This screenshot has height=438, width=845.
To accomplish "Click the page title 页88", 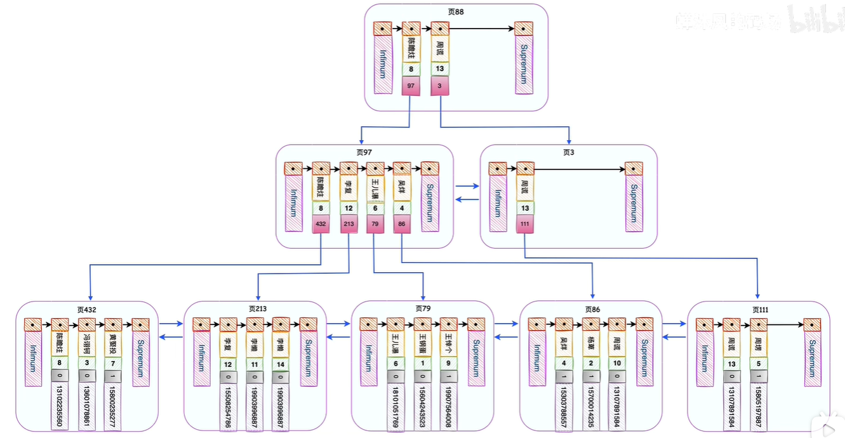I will (x=456, y=12).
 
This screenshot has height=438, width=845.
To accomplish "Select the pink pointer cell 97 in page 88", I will (x=411, y=86).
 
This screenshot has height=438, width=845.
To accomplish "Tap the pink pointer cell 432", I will (x=321, y=223).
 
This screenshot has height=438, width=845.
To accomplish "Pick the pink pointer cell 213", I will (x=348, y=223).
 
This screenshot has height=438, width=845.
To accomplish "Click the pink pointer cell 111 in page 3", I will (x=525, y=223).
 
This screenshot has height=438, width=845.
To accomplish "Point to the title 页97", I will (x=364, y=152).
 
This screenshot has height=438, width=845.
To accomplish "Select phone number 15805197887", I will (x=758, y=406).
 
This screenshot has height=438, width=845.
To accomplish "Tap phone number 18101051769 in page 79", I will (x=396, y=406).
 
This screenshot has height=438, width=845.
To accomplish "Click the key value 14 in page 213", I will (x=281, y=364).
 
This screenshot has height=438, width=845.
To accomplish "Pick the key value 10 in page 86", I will (x=616, y=364).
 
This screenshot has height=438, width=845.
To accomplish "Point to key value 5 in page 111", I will (x=758, y=364).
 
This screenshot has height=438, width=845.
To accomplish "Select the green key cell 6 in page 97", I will (x=375, y=208).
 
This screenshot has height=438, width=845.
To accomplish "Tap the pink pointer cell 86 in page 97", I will (x=401, y=223).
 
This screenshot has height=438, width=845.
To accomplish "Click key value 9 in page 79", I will (x=448, y=364).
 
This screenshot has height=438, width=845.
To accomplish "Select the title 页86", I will (x=592, y=309).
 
